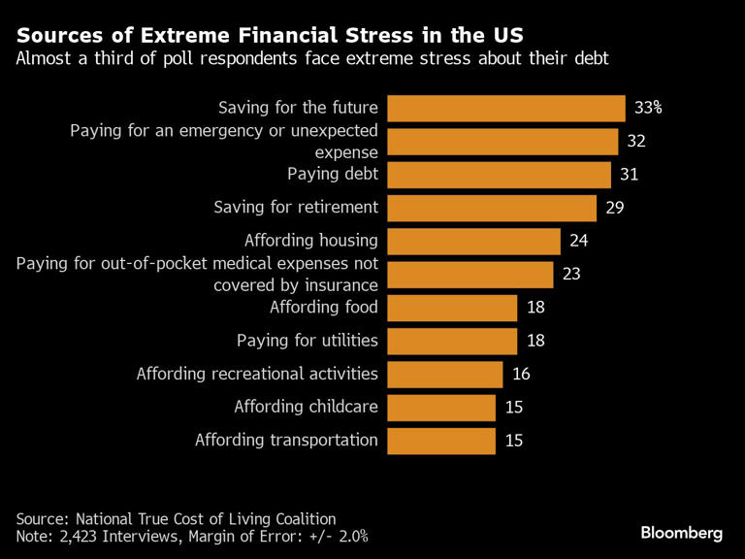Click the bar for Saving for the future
506,108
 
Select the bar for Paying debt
500,175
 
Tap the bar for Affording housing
474,241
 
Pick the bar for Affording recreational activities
445,374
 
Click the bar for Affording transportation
441,440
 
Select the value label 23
571,274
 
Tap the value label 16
521,374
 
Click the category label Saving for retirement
295,207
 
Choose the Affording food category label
323,308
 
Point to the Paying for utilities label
307,341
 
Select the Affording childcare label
306,407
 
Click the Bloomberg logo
681,533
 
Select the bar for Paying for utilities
452,341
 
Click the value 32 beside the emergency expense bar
636,142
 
